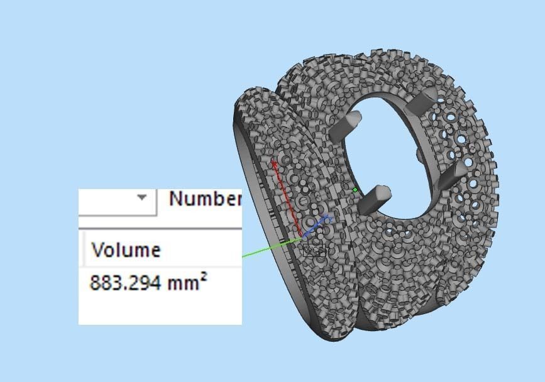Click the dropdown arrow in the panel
[142, 197]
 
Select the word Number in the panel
[205, 199]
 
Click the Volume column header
[126, 249]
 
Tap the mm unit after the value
[181, 283]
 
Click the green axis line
[270, 247]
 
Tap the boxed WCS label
[313, 250]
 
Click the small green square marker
[355, 189]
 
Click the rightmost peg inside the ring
[453, 174]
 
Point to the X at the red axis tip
[274, 163]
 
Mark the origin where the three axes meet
[302, 236]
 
